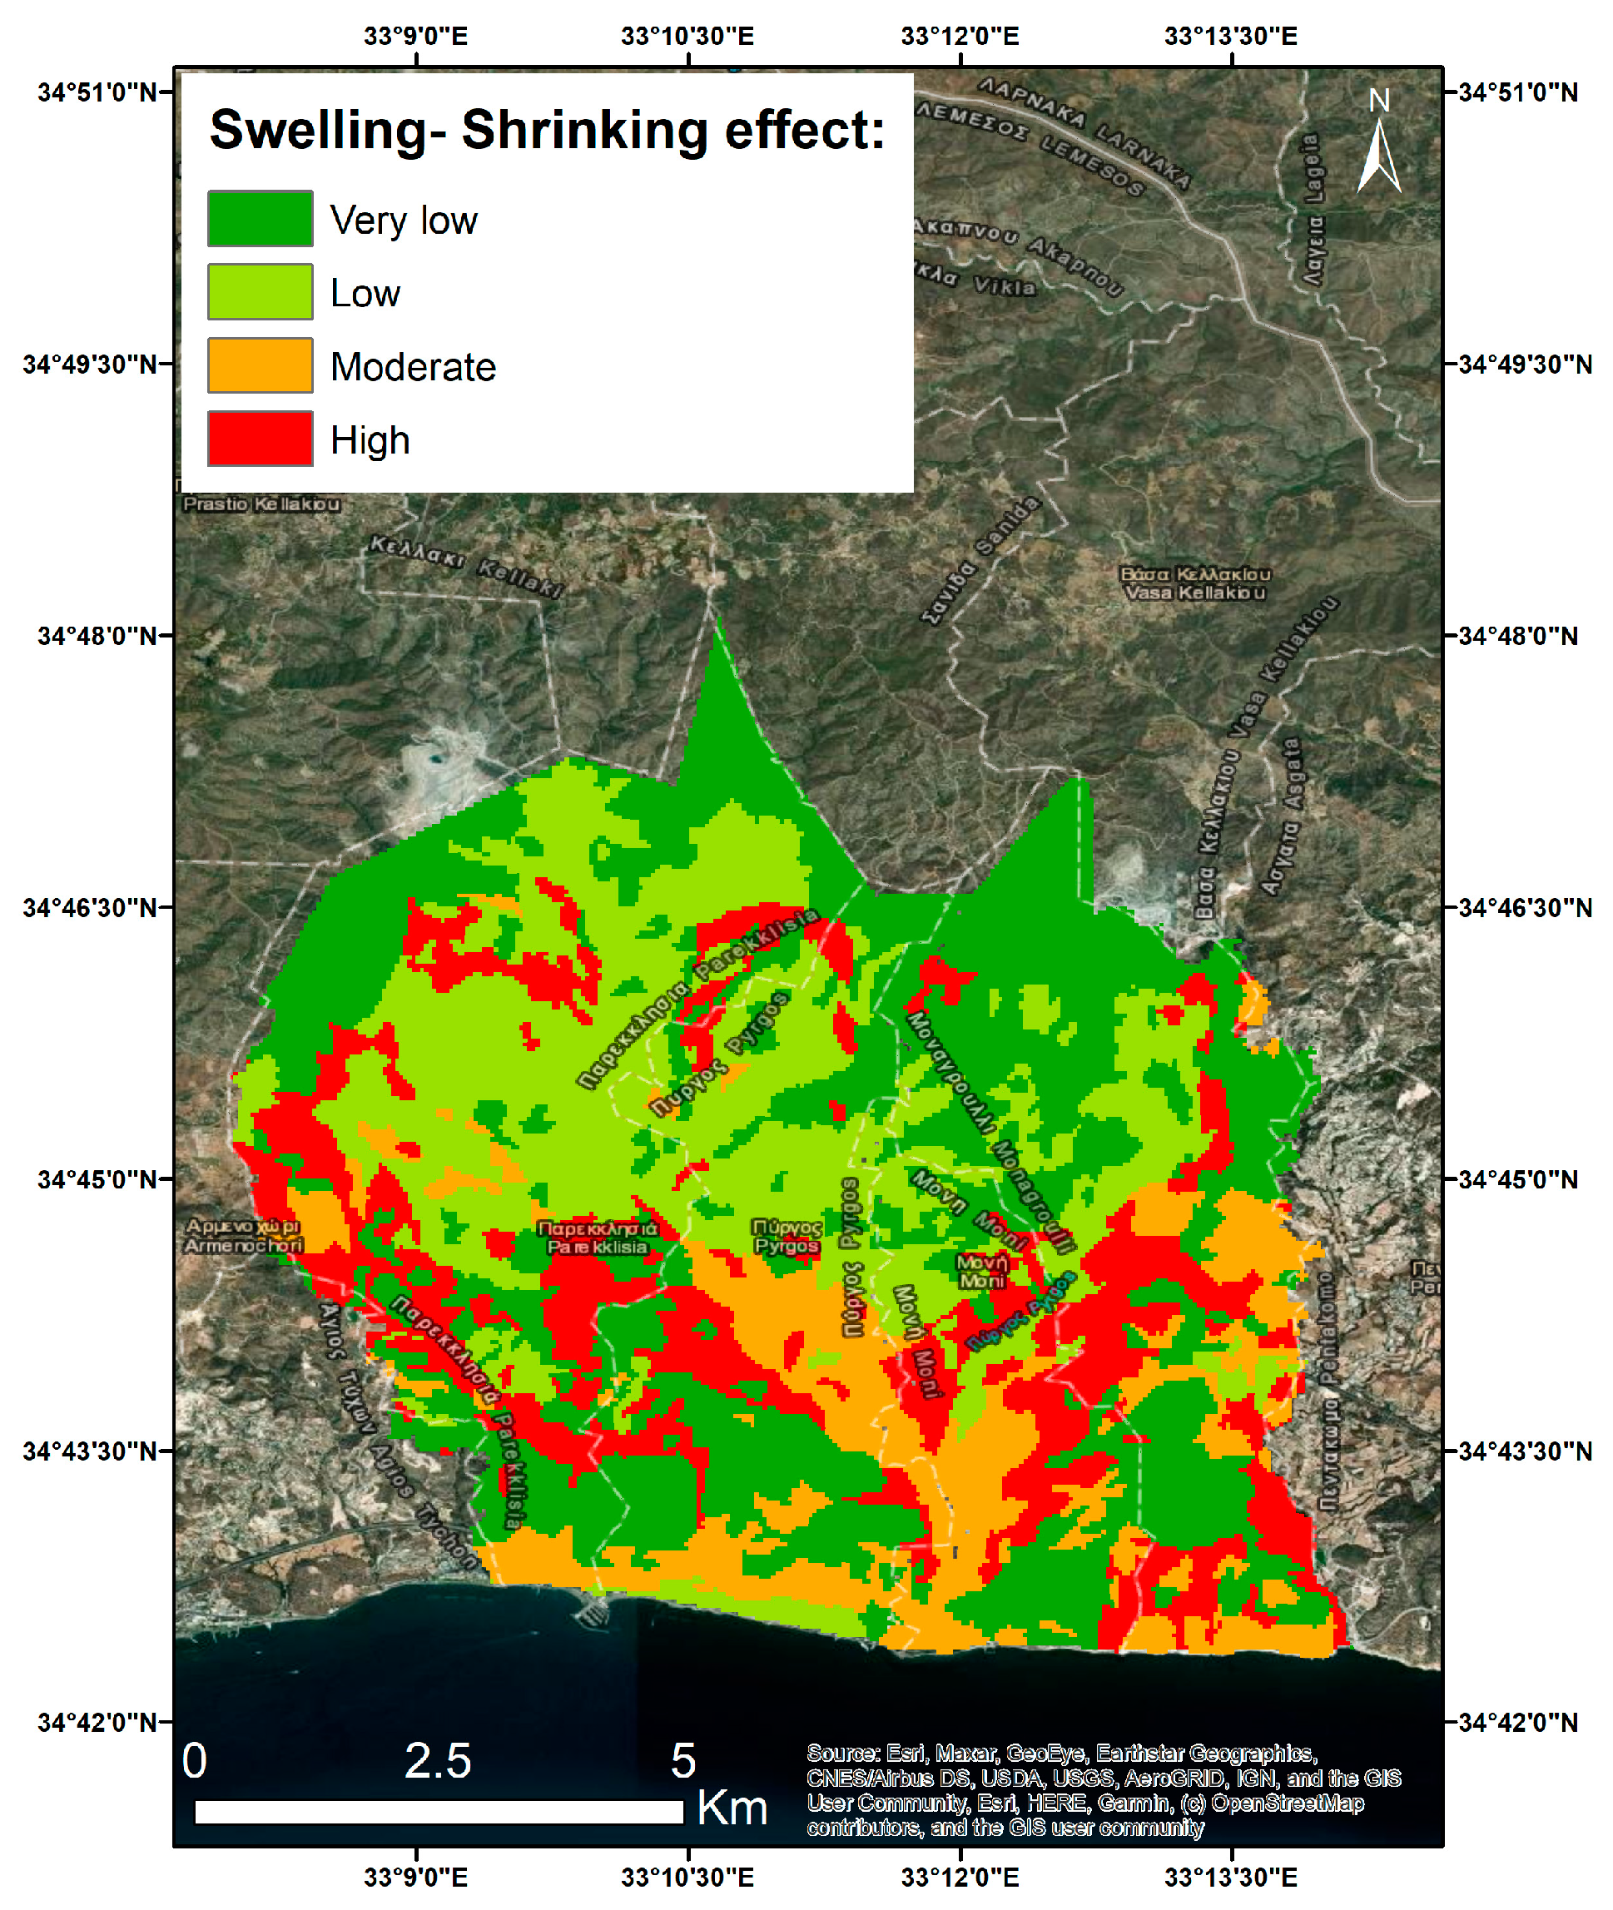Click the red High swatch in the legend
pyautogui.click(x=260, y=439)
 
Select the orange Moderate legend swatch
pyautogui.click(x=260, y=365)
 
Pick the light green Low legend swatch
pyautogui.click(x=260, y=291)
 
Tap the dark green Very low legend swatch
pyautogui.click(x=260, y=219)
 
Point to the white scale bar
pyautogui.click(x=439, y=1812)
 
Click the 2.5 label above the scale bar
pyautogui.click(x=437, y=1760)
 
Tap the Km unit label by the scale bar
pyautogui.click(x=732, y=1808)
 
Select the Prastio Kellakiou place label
pyautogui.click(x=261, y=504)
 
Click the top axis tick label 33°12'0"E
pyautogui.click(x=959, y=36)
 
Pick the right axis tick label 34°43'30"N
pyautogui.click(x=1523, y=1451)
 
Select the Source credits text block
pyautogui.click(x=1102, y=1789)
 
